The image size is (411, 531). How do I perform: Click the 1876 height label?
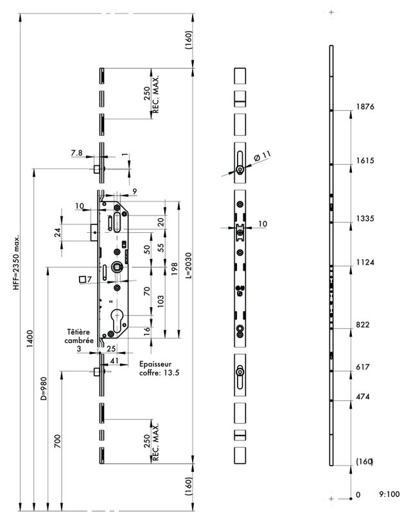tap(365, 107)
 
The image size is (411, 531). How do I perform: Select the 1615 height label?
tap(365, 161)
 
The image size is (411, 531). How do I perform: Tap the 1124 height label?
tap(365, 263)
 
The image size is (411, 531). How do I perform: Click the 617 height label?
tap(363, 368)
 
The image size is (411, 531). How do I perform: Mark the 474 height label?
tap(363, 398)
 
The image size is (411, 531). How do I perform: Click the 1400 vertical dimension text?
tap(28, 348)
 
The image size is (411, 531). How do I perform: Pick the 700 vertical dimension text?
tap(58, 442)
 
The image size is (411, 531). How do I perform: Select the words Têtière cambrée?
tap(81, 336)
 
